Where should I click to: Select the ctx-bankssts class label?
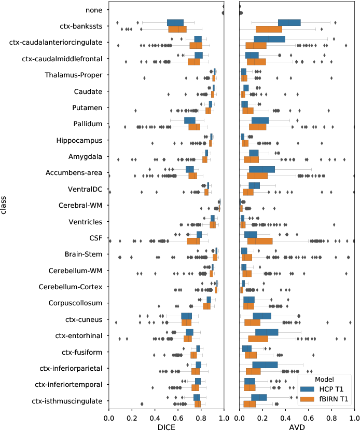[81, 26]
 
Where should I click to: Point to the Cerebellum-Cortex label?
[73, 287]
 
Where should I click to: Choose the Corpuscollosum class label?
[76, 303]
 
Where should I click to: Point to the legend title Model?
[324, 379]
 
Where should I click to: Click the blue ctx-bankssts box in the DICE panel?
[175, 23]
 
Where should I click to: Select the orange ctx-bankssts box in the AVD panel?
[269, 29]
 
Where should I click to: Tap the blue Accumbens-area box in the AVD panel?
[262, 169]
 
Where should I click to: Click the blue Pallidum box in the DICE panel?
[190, 120]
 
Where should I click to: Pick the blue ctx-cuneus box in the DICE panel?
[187, 316]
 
